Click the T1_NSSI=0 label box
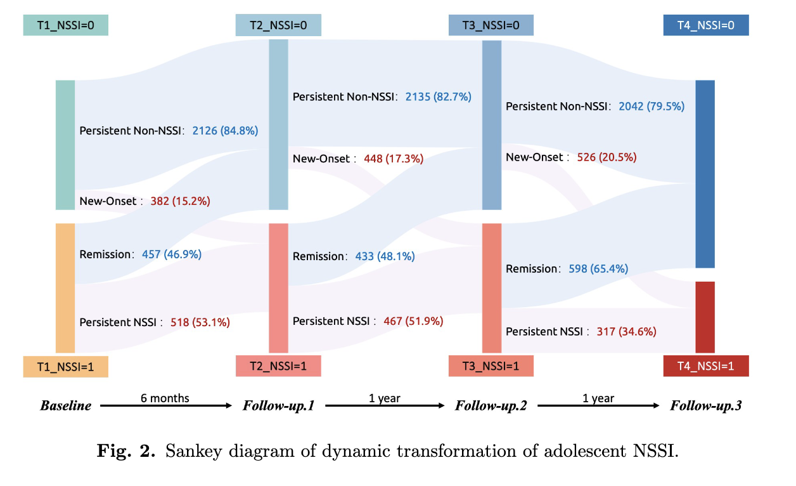[x=65, y=25]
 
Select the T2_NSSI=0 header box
[x=278, y=25]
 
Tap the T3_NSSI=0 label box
[x=491, y=25]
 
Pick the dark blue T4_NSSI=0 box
[x=706, y=25]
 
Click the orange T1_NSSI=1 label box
[x=65, y=367]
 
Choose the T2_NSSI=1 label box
[x=278, y=366]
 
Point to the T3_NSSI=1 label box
[x=491, y=366]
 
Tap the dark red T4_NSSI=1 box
[x=706, y=366]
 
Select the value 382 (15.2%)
[x=180, y=201]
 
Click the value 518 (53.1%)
[x=200, y=322]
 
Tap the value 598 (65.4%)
[x=598, y=269]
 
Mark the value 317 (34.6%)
[x=626, y=331]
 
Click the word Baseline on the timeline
[x=65, y=405]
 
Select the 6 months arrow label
[x=165, y=398]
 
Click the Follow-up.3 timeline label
[x=705, y=405]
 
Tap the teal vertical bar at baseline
[x=65, y=145]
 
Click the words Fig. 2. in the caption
[x=126, y=452]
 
